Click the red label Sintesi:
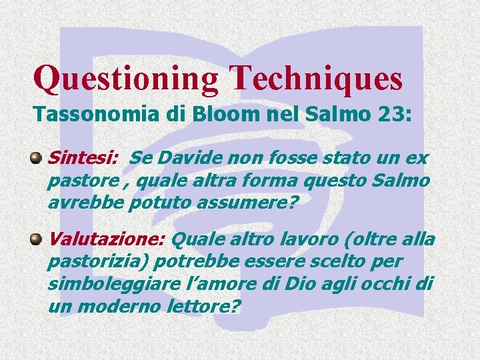point(83,159)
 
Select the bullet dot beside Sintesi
point(36,159)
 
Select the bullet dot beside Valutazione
point(36,239)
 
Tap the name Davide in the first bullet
point(183,159)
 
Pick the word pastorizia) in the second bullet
point(88,261)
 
